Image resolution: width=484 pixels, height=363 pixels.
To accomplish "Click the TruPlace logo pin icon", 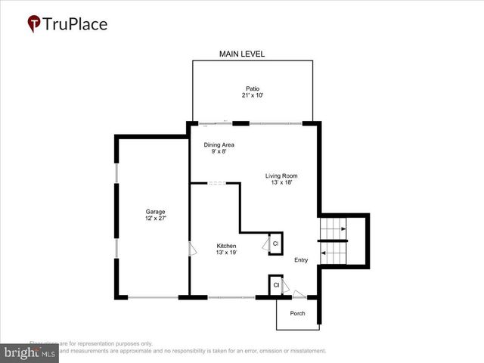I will [35, 24].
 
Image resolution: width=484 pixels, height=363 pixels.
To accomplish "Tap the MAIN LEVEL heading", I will [242, 54].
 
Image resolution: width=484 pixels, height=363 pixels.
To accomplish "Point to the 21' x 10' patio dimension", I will [252, 95].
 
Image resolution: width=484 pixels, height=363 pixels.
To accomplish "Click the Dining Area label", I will [219, 144].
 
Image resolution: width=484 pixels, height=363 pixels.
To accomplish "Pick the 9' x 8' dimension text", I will [219, 151].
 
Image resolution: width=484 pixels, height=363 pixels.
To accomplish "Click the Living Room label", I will [280, 175].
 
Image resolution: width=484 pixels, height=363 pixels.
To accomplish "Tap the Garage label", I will [156, 212].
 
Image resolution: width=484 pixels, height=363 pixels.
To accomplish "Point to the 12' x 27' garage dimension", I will [156, 219].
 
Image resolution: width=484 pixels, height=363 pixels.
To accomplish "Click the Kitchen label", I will [227, 247].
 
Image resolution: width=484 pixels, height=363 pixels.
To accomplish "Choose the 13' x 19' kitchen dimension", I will [227, 254].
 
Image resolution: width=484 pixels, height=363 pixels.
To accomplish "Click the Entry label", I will [302, 260].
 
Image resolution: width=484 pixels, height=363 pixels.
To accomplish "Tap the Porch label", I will [298, 313].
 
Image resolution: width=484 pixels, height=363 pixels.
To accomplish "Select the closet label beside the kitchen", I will [275, 244].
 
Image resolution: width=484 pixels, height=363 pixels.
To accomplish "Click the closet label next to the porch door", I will [277, 285].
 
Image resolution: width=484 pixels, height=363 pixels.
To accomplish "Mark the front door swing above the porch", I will [300, 294].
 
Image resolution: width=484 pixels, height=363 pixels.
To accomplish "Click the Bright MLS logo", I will [30, 352].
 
